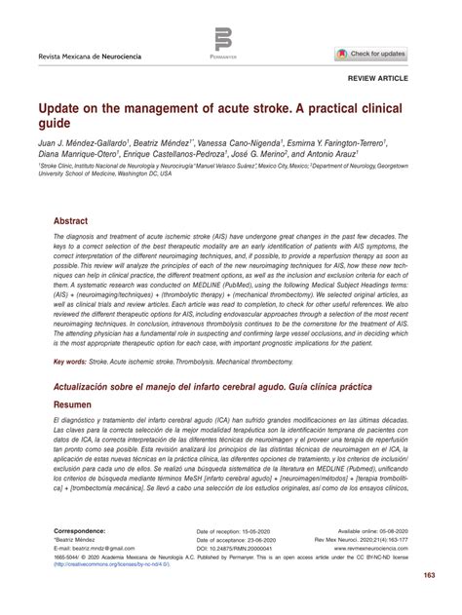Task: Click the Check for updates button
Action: [371, 53]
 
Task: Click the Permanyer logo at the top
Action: [224, 42]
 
